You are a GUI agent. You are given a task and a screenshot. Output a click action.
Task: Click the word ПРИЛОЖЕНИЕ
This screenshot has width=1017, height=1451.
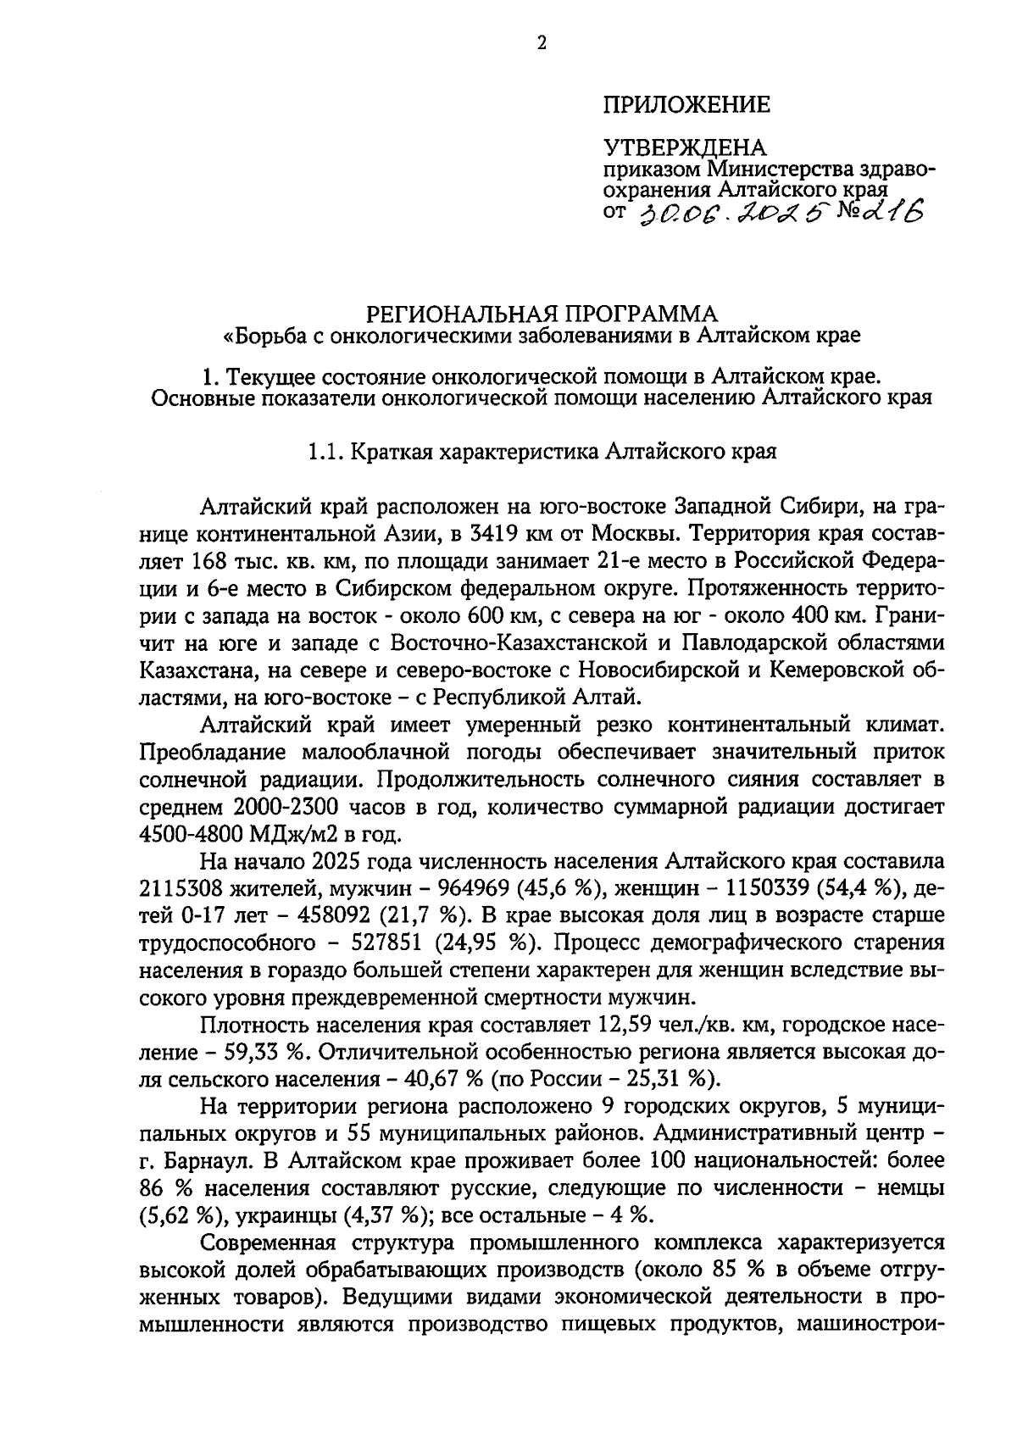pos(686,105)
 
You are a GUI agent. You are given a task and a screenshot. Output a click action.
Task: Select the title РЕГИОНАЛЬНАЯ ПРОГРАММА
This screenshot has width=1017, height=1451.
pos(541,314)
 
